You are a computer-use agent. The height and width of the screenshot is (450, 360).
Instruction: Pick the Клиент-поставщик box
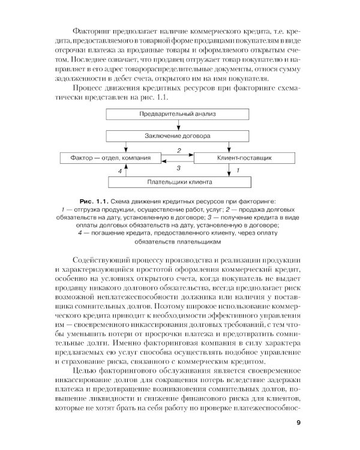click(x=244, y=158)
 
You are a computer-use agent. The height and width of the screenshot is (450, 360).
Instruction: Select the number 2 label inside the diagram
click(x=179, y=151)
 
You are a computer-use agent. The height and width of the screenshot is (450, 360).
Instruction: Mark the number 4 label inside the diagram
click(x=120, y=171)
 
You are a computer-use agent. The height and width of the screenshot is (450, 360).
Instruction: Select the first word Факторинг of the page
click(x=90, y=30)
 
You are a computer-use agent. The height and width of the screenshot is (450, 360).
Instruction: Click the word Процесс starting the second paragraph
click(x=88, y=87)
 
